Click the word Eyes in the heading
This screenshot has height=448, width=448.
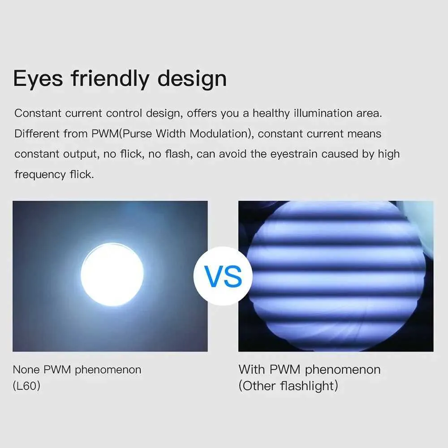click(38, 79)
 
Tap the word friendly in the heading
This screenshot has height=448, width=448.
click(110, 78)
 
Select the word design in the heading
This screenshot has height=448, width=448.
click(192, 78)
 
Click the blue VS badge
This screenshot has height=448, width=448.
click(223, 276)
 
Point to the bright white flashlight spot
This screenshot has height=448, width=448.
click(112, 274)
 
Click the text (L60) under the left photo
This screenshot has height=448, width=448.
click(26, 386)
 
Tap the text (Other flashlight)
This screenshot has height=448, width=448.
click(288, 386)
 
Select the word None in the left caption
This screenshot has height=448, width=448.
click(26, 370)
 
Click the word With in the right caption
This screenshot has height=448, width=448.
click(251, 370)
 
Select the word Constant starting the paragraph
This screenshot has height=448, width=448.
click(38, 113)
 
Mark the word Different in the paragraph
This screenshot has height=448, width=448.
click(37, 134)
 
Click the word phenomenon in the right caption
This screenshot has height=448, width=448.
click(343, 370)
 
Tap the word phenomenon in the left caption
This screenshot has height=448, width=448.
click(108, 370)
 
